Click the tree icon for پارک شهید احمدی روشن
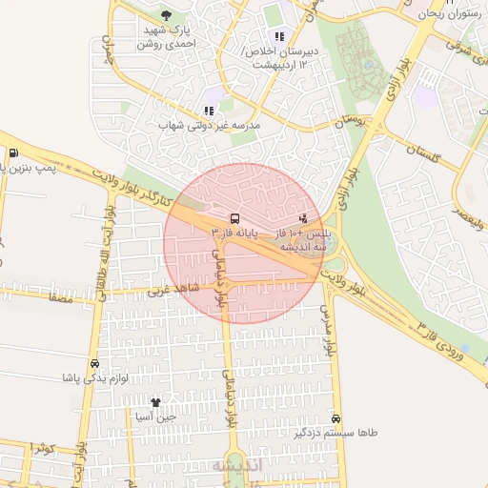(167, 15)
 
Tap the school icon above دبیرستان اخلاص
(279, 36)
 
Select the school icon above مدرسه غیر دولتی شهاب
(209, 111)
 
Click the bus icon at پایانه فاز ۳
(234, 217)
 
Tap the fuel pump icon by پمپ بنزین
(12, 153)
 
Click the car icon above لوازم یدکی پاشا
(93, 364)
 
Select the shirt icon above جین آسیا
(155, 402)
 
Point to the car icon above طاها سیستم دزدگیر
(336, 418)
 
